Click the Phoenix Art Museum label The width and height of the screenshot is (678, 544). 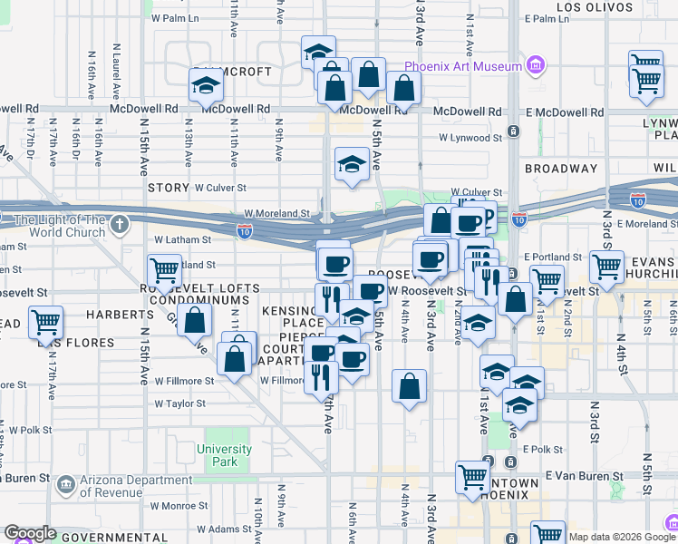tap(463, 66)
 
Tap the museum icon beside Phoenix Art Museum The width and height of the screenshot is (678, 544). tap(535, 66)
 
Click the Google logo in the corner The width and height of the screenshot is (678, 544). tap(30, 533)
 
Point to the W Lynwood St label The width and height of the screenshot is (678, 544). tap(470, 139)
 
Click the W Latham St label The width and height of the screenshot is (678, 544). tap(182, 240)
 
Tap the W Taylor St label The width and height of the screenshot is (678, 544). tap(180, 403)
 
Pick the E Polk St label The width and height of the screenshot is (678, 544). tap(543, 449)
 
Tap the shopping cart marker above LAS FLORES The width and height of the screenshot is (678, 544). tap(45, 322)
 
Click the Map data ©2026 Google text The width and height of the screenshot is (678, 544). tap(622, 537)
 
